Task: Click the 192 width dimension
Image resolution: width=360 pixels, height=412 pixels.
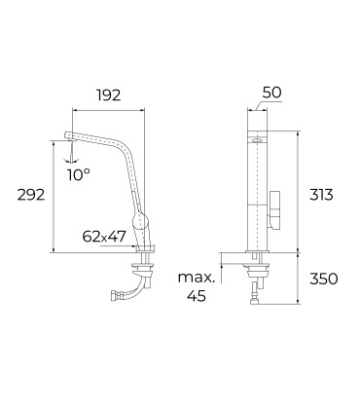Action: pos(108,94)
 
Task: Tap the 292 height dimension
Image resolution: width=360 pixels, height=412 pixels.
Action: pos(31,195)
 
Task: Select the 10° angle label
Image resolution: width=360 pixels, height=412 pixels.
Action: pos(79,175)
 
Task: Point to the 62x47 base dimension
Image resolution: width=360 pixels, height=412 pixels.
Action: pos(104,237)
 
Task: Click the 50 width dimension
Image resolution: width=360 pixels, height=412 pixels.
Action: pos(271,93)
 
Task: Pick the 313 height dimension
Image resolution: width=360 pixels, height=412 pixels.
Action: pos(321,195)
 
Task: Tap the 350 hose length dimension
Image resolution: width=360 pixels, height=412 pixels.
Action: pos(323,279)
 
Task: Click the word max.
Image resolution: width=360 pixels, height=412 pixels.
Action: pos(197,278)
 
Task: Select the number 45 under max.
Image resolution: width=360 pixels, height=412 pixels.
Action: pos(197,296)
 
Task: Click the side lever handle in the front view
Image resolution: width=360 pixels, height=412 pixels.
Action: pos(274,210)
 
